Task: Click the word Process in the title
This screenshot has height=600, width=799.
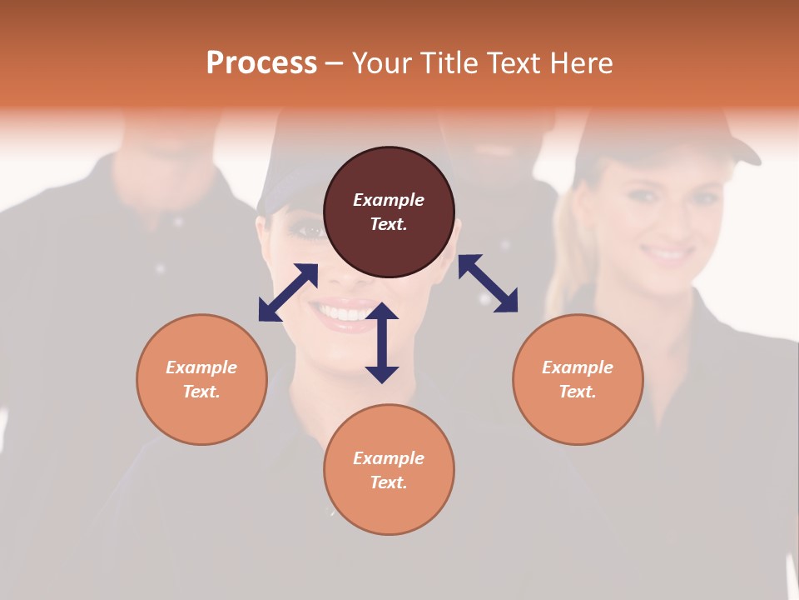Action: [x=261, y=63]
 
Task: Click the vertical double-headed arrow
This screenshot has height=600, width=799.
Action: [x=382, y=342]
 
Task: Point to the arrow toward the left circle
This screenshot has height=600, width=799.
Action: [x=288, y=292]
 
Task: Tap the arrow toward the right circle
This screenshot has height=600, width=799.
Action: [x=488, y=283]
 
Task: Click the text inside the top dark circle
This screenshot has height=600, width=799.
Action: [x=389, y=212]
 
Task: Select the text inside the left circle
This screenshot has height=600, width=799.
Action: [x=201, y=379]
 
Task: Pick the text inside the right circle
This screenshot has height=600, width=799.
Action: [x=578, y=379]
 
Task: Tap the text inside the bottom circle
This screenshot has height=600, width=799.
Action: [x=389, y=470]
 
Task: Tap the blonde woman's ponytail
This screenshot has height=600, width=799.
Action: [x=562, y=242]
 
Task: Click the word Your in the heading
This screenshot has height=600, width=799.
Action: [x=382, y=63]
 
